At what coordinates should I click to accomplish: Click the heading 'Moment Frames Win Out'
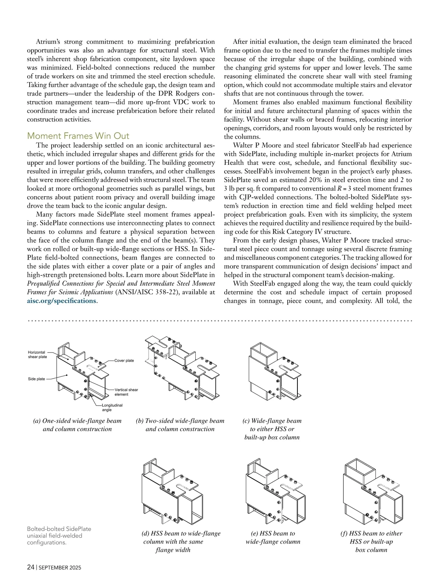(x=78, y=136)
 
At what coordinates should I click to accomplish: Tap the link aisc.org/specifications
(x=61, y=301)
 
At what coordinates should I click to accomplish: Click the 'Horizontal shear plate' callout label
(x=37, y=354)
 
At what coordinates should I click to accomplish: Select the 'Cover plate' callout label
(x=124, y=360)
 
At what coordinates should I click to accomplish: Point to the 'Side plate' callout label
(x=37, y=379)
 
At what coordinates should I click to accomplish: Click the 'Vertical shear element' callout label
(x=126, y=392)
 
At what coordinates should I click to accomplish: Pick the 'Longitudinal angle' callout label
(x=112, y=407)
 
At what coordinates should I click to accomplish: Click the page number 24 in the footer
(x=31, y=567)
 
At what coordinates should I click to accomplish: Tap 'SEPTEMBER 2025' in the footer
(x=60, y=568)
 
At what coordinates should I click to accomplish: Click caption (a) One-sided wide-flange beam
(x=77, y=425)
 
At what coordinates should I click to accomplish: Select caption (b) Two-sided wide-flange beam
(x=180, y=425)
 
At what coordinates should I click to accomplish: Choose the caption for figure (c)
(x=272, y=429)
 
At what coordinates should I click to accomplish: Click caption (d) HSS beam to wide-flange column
(x=181, y=542)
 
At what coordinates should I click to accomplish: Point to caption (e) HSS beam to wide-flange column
(x=273, y=537)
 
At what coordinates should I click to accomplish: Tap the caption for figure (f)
(x=371, y=542)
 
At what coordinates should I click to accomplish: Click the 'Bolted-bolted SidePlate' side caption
(x=59, y=535)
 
